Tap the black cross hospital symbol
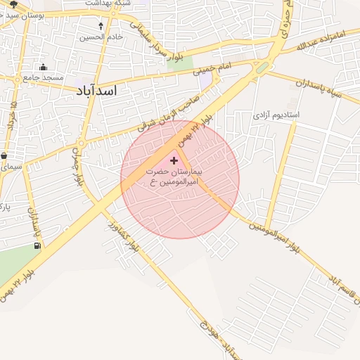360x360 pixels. [174, 162]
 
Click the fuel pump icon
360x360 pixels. [37, 246]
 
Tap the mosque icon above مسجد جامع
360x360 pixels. [45, 67]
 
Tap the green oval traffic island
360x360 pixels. [262, 68]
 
